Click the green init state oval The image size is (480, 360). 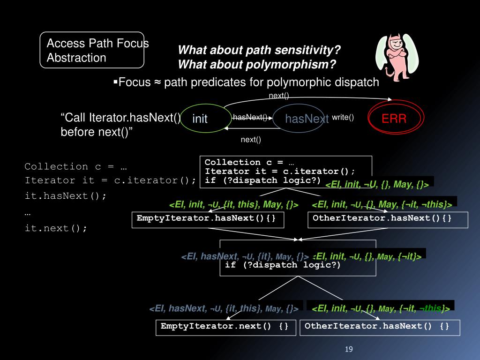pos(200,119)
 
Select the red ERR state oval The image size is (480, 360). pos(395,119)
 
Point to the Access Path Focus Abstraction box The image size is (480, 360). pos(92,51)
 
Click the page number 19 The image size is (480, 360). pos(348,349)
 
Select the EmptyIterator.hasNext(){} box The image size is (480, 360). pos(207,219)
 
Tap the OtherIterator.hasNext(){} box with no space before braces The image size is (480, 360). pos(388,219)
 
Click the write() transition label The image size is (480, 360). pos(343,117)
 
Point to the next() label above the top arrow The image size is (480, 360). pos(278,96)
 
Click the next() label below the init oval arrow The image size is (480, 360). pos(251,139)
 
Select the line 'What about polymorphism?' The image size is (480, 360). pos(257,63)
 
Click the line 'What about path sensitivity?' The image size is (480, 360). pos(259,50)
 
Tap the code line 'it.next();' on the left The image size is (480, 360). pos(56,228)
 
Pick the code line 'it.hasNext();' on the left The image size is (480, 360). pos(66,196)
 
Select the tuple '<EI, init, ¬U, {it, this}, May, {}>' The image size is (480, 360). pos(234,205)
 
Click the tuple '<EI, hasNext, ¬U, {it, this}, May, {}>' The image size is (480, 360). pos(224,308)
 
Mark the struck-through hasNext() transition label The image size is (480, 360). pos(250,117)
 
